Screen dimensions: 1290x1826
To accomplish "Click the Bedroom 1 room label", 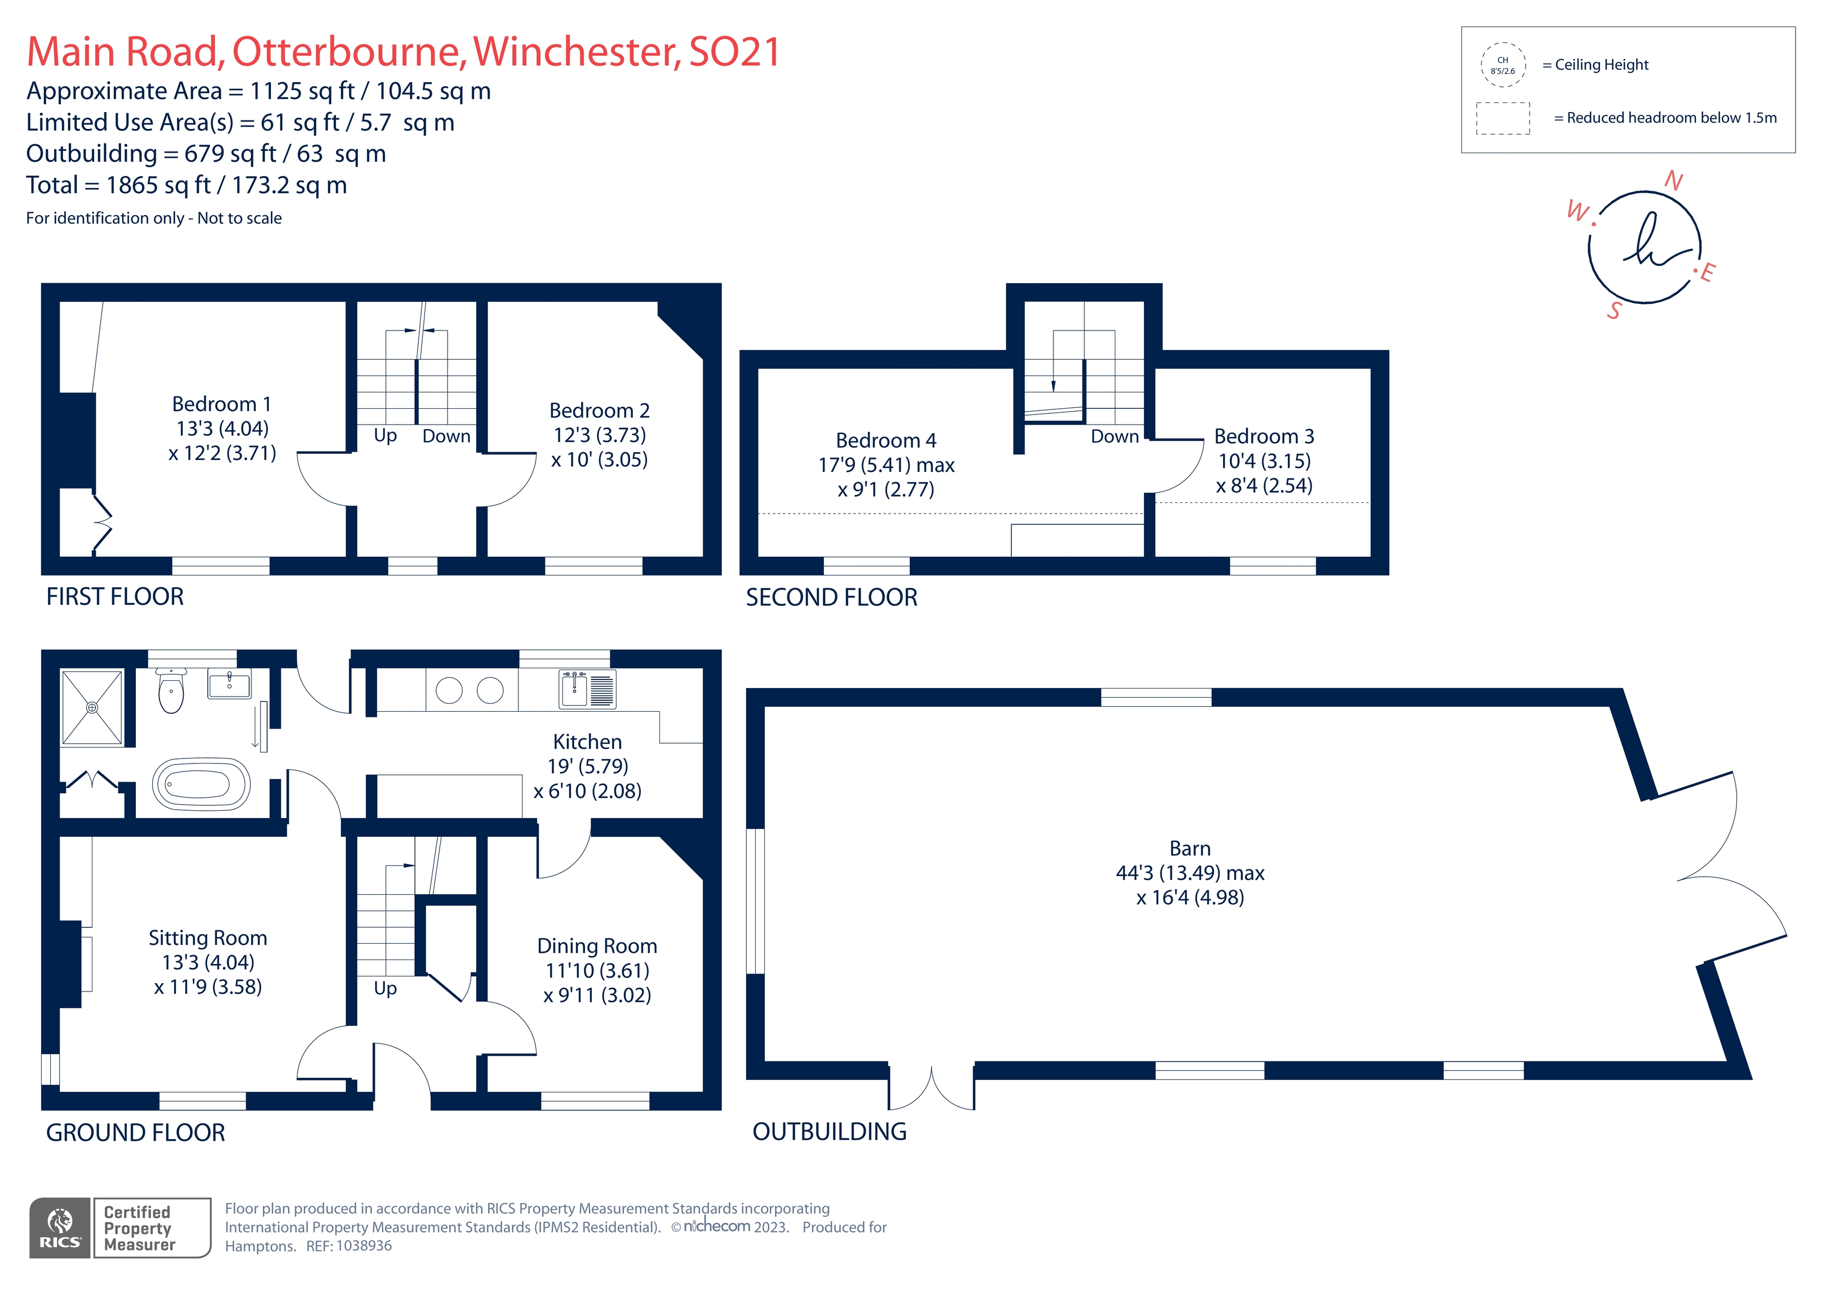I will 222,404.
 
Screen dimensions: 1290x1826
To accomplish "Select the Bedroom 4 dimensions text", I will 886,477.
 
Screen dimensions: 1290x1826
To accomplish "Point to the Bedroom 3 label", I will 1263,436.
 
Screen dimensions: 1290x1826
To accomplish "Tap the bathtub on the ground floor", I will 201,784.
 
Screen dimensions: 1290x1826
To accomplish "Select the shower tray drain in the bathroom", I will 92,707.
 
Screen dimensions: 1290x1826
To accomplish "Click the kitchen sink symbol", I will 574,689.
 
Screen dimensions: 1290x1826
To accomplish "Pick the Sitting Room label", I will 207,938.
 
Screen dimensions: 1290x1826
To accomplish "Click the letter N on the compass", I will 1673,181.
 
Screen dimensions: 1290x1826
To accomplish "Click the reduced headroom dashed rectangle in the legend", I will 1503,118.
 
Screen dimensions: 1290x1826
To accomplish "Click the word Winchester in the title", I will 577,52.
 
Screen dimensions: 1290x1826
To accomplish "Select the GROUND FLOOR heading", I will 135,1133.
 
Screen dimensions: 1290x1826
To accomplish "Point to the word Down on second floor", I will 1114,436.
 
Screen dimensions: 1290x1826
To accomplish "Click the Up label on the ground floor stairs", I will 385,988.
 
